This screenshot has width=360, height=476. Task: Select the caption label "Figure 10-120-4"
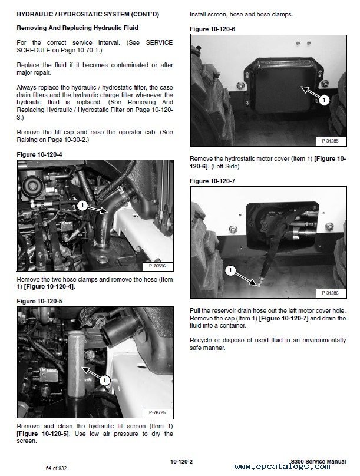[42, 154]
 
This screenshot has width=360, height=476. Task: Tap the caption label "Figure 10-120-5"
[42, 300]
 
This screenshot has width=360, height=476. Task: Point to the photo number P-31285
[333, 142]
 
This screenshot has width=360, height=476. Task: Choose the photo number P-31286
[333, 293]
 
